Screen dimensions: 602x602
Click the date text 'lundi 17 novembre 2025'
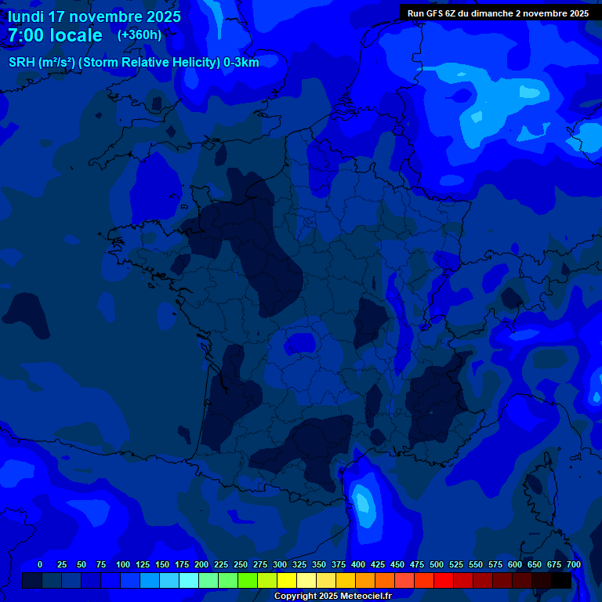pos(94,16)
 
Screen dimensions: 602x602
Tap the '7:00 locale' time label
pos(55,35)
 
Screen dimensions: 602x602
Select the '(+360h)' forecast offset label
pos(140,35)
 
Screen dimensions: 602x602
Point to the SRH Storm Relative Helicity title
pos(133,63)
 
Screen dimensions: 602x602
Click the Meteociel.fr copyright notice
pos(332,596)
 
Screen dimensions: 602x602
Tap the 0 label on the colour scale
pos(40,564)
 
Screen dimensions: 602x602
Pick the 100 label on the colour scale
pos(123,564)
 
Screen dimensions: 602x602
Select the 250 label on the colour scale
pos(241,564)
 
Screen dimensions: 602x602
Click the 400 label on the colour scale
pos(358,564)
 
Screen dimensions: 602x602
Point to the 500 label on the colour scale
pos(437,564)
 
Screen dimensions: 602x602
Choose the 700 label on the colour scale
pos(574,564)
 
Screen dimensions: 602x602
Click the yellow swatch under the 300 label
pos(287,581)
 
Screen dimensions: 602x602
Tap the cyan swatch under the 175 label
pos(189,581)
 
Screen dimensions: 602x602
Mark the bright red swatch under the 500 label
pos(444,581)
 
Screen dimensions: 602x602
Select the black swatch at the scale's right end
pos(561,581)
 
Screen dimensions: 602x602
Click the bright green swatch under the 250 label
pos(248,581)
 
